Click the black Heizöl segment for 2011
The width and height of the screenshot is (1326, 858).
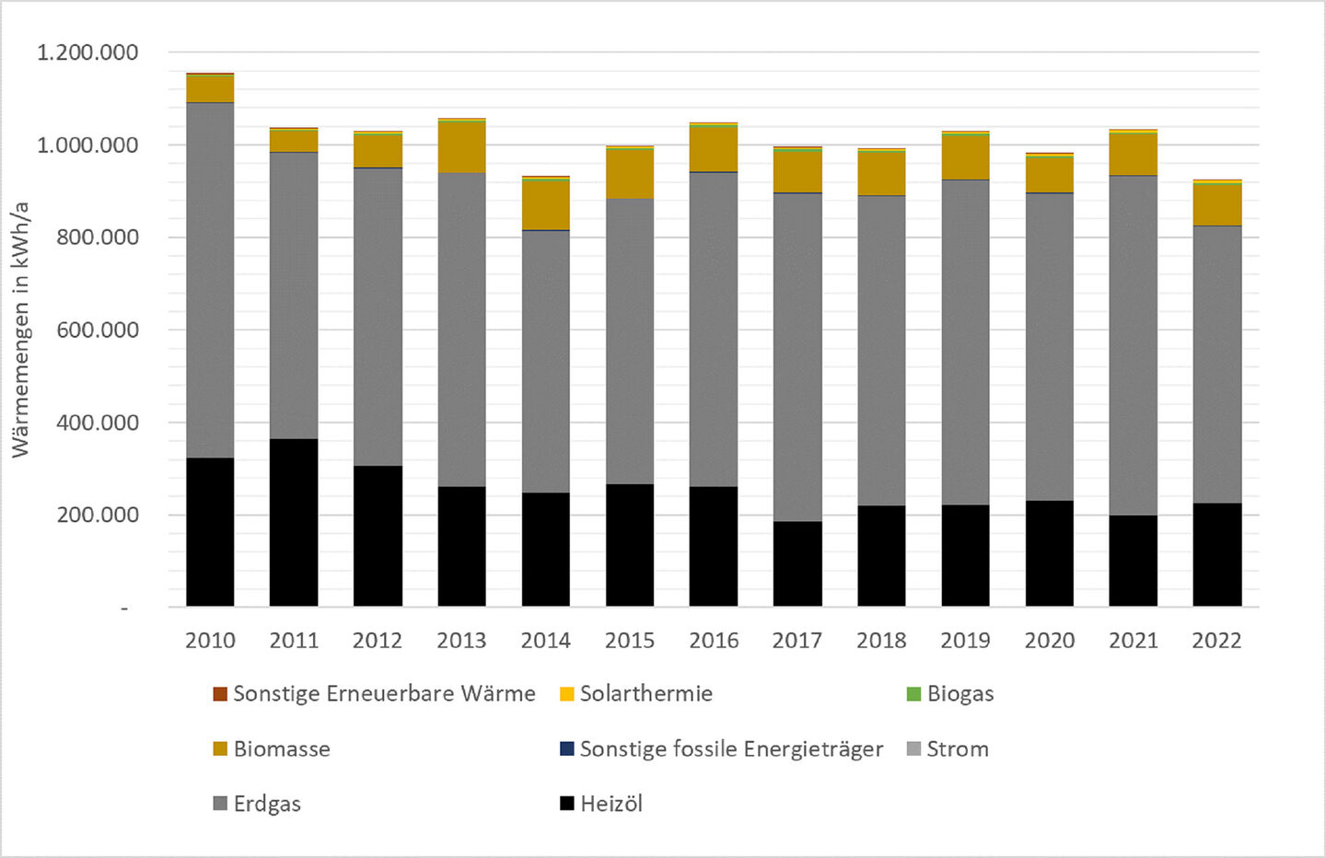(294, 522)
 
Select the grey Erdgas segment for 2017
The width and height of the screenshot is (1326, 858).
(797, 357)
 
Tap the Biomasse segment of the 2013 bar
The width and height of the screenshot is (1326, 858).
(461, 147)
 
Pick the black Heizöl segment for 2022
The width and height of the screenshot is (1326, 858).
(1217, 554)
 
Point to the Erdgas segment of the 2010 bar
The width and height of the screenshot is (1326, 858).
(210, 280)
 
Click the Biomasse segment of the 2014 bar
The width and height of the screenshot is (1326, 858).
(546, 205)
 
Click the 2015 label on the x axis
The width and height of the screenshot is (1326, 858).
(630, 641)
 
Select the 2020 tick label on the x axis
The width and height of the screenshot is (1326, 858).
(1050, 641)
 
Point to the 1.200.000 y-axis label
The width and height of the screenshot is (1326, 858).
(87, 52)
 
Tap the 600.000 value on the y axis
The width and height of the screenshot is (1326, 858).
(98, 330)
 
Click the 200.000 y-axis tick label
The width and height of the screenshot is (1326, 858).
(98, 515)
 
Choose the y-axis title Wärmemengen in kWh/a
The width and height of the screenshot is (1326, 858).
(20, 330)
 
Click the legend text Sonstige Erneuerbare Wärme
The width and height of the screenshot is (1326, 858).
(384, 694)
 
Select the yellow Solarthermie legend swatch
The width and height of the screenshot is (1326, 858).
(567, 694)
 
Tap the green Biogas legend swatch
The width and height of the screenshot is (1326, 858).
(913, 694)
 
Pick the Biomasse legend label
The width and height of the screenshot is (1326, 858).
(282, 749)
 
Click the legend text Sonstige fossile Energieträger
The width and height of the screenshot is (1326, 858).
(731, 749)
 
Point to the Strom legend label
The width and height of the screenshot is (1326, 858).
(958, 749)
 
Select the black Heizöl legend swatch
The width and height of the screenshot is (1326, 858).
(567, 804)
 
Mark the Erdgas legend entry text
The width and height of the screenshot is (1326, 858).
(267, 804)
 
